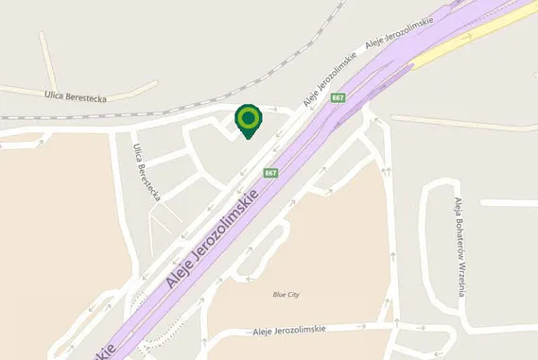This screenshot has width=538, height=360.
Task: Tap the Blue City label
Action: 286,295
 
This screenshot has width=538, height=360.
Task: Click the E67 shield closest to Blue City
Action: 271,173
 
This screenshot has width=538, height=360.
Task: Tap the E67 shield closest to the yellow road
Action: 338,97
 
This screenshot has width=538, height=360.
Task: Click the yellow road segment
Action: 473,32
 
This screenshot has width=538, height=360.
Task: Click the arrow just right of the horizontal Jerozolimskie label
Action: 360,328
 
